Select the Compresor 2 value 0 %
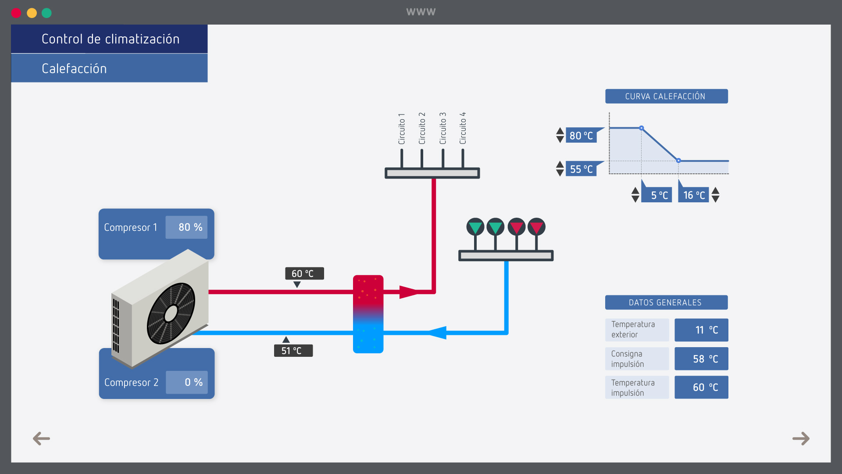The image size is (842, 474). (187, 382)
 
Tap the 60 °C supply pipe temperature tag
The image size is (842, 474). (304, 273)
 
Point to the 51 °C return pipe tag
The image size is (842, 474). (293, 351)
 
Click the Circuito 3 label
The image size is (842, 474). (443, 128)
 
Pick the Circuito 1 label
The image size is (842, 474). (402, 129)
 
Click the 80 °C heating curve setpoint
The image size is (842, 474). (581, 136)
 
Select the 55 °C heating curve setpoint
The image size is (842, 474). (581, 169)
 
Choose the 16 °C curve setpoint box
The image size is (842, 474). (694, 195)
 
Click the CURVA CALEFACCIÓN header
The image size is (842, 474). (666, 97)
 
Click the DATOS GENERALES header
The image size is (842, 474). (666, 302)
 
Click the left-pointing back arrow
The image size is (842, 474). (42, 438)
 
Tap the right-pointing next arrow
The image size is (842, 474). (801, 438)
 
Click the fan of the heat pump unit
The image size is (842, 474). (171, 313)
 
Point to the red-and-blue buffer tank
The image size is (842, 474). (368, 314)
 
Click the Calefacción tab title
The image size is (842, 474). (74, 68)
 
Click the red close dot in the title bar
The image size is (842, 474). (16, 13)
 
